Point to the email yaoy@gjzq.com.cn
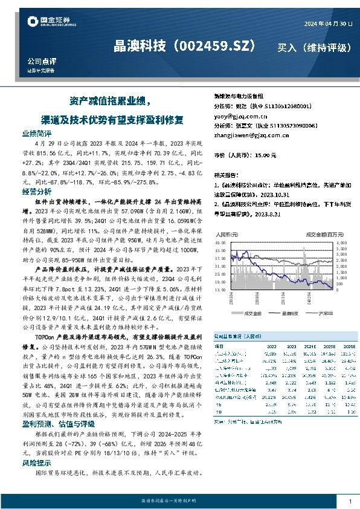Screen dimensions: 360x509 (x=240, y=115)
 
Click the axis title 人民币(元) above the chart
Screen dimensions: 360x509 (x=225, y=233)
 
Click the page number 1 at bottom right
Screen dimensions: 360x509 (x=350, y=501)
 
